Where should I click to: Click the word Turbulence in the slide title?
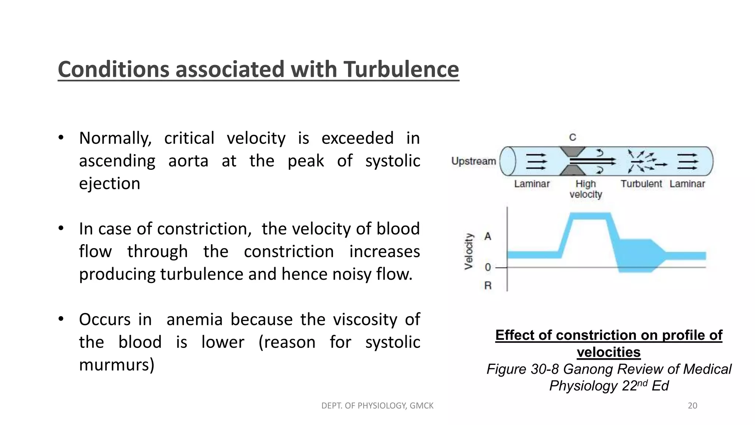(x=401, y=69)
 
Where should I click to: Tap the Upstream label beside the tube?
(x=473, y=161)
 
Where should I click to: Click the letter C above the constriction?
(x=572, y=138)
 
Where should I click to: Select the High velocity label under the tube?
(x=585, y=189)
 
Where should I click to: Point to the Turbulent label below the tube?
(x=641, y=184)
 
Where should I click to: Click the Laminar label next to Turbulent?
(x=687, y=184)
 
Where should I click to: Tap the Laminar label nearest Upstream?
(x=532, y=184)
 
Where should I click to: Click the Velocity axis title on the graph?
(x=469, y=251)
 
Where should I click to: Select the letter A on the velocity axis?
(x=488, y=236)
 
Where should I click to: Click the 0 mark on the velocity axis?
(x=488, y=267)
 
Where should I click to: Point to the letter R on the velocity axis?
(x=488, y=286)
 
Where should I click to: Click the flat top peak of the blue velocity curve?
(x=590, y=215)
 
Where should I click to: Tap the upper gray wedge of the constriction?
(x=572, y=151)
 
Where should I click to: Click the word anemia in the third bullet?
(x=194, y=319)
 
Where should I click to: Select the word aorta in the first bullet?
(x=188, y=161)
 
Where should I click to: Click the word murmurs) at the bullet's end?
(x=116, y=365)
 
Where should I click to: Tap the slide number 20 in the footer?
(x=692, y=405)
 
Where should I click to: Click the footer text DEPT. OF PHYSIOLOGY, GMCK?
(x=377, y=405)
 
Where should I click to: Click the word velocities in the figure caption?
(x=608, y=352)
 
